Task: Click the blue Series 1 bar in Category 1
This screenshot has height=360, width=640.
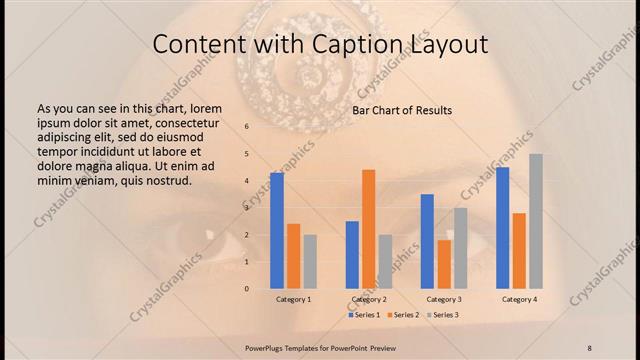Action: pos(277,230)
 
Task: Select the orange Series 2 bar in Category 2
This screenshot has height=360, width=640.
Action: pos(368,229)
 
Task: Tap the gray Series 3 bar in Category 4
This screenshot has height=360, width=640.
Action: pos(536,221)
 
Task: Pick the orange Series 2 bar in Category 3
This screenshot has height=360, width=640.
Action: pos(444,264)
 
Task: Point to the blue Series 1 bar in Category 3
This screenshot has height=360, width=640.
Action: pos(427,241)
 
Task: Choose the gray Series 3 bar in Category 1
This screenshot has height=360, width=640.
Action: pos(310,261)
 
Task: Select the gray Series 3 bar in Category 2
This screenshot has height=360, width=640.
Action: pos(385,261)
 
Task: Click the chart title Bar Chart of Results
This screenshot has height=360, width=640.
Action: pos(402,110)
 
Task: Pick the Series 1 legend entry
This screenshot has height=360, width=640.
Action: pos(363,315)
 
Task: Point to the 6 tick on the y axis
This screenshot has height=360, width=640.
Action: pos(246,127)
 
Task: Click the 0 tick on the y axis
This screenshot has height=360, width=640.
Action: pos(246,288)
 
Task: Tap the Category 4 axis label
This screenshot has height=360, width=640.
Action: pos(519,299)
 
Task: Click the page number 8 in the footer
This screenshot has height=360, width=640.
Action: pos(589,346)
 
